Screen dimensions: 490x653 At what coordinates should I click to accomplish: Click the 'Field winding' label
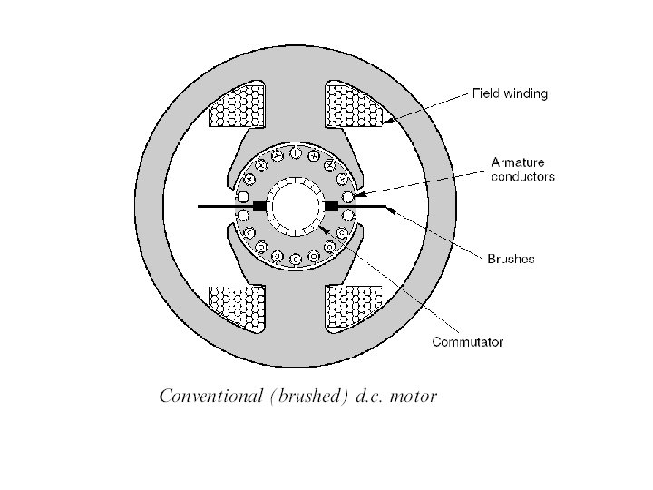tap(509, 93)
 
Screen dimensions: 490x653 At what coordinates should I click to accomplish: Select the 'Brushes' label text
tap(511, 259)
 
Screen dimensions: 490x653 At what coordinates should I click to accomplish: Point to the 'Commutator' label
tap(466, 342)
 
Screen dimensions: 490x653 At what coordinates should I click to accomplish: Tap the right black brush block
tap(331, 207)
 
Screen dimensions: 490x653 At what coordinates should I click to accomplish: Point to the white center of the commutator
tap(295, 207)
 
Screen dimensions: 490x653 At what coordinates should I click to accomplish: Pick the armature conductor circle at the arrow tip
tap(348, 195)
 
